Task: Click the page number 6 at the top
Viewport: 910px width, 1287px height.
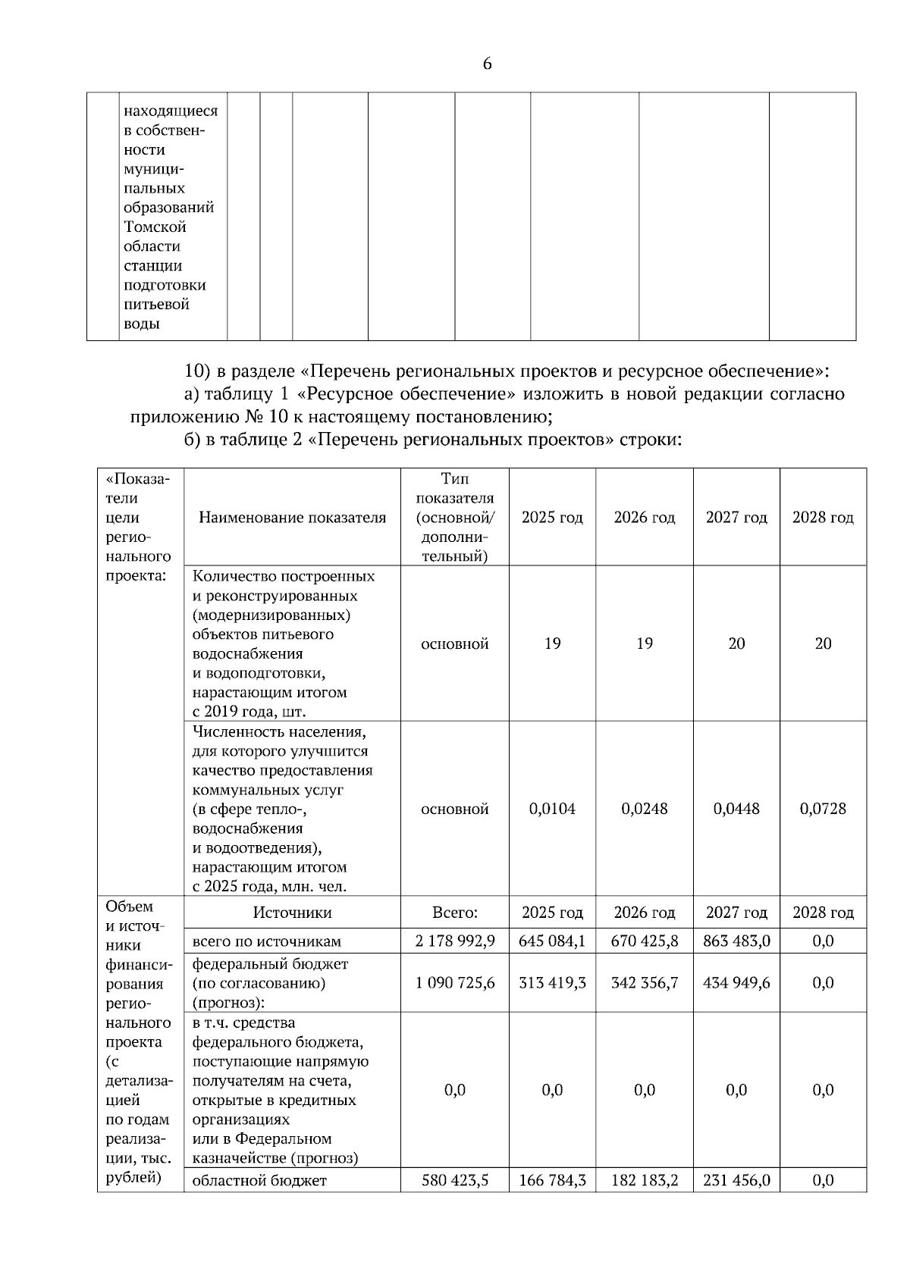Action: [x=487, y=64]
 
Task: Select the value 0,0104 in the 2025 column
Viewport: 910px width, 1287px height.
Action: [x=552, y=809]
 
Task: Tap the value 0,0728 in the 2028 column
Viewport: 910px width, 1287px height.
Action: [x=823, y=809]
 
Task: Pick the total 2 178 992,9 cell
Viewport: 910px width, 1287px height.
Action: [x=455, y=941]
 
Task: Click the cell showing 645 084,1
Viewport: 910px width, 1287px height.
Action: [x=552, y=941]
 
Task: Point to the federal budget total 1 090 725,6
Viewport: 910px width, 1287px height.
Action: [x=455, y=982]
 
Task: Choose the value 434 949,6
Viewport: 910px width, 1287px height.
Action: [x=736, y=982]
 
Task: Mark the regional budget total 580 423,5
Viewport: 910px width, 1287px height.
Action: [x=455, y=1180]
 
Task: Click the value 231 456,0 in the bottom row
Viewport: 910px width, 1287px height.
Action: [x=736, y=1180]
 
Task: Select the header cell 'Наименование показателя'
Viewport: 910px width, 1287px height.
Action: [x=292, y=518]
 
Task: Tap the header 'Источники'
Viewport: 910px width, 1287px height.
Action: [x=292, y=913]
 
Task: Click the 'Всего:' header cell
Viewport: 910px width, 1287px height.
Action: [x=455, y=913]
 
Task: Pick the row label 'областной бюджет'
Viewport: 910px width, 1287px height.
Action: [x=259, y=1181]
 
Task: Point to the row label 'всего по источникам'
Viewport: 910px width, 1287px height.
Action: [x=266, y=941]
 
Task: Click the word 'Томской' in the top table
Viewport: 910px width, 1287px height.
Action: [x=155, y=227]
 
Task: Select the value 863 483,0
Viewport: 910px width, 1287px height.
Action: [x=736, y=941]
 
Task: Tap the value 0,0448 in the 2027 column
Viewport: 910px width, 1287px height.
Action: [x=736, y=809]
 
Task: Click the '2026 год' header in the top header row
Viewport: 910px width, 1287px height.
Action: [x=644, y=518]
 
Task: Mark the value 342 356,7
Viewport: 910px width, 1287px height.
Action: [x=644, y=982]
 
